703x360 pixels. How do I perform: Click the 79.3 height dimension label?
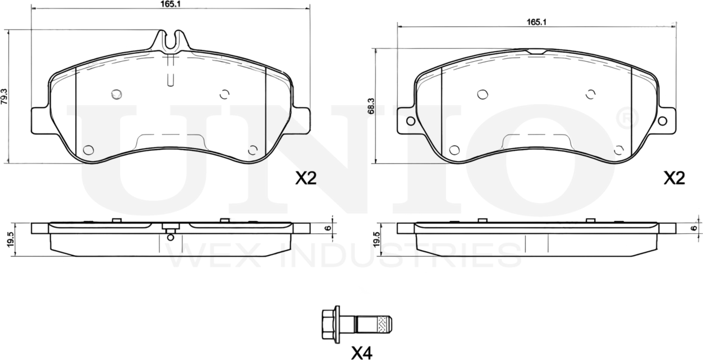(x=5, y=97)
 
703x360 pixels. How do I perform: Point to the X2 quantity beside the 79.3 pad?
(x=306, y=179)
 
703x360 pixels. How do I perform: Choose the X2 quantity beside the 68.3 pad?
(x=674, y=179)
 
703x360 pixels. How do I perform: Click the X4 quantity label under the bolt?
(x=361, y=353)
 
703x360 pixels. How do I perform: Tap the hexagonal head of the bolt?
(x=329, y=324)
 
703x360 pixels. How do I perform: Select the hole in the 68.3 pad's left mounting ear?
(x=410, y=121)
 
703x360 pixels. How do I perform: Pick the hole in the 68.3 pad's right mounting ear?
(x=662, y=121)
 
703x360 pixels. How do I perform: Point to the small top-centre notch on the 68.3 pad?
(x=536, y=52)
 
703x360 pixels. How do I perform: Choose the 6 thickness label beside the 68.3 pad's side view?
(x=694, y=228)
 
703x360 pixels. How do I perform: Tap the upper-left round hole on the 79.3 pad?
(x=117, y=94)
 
